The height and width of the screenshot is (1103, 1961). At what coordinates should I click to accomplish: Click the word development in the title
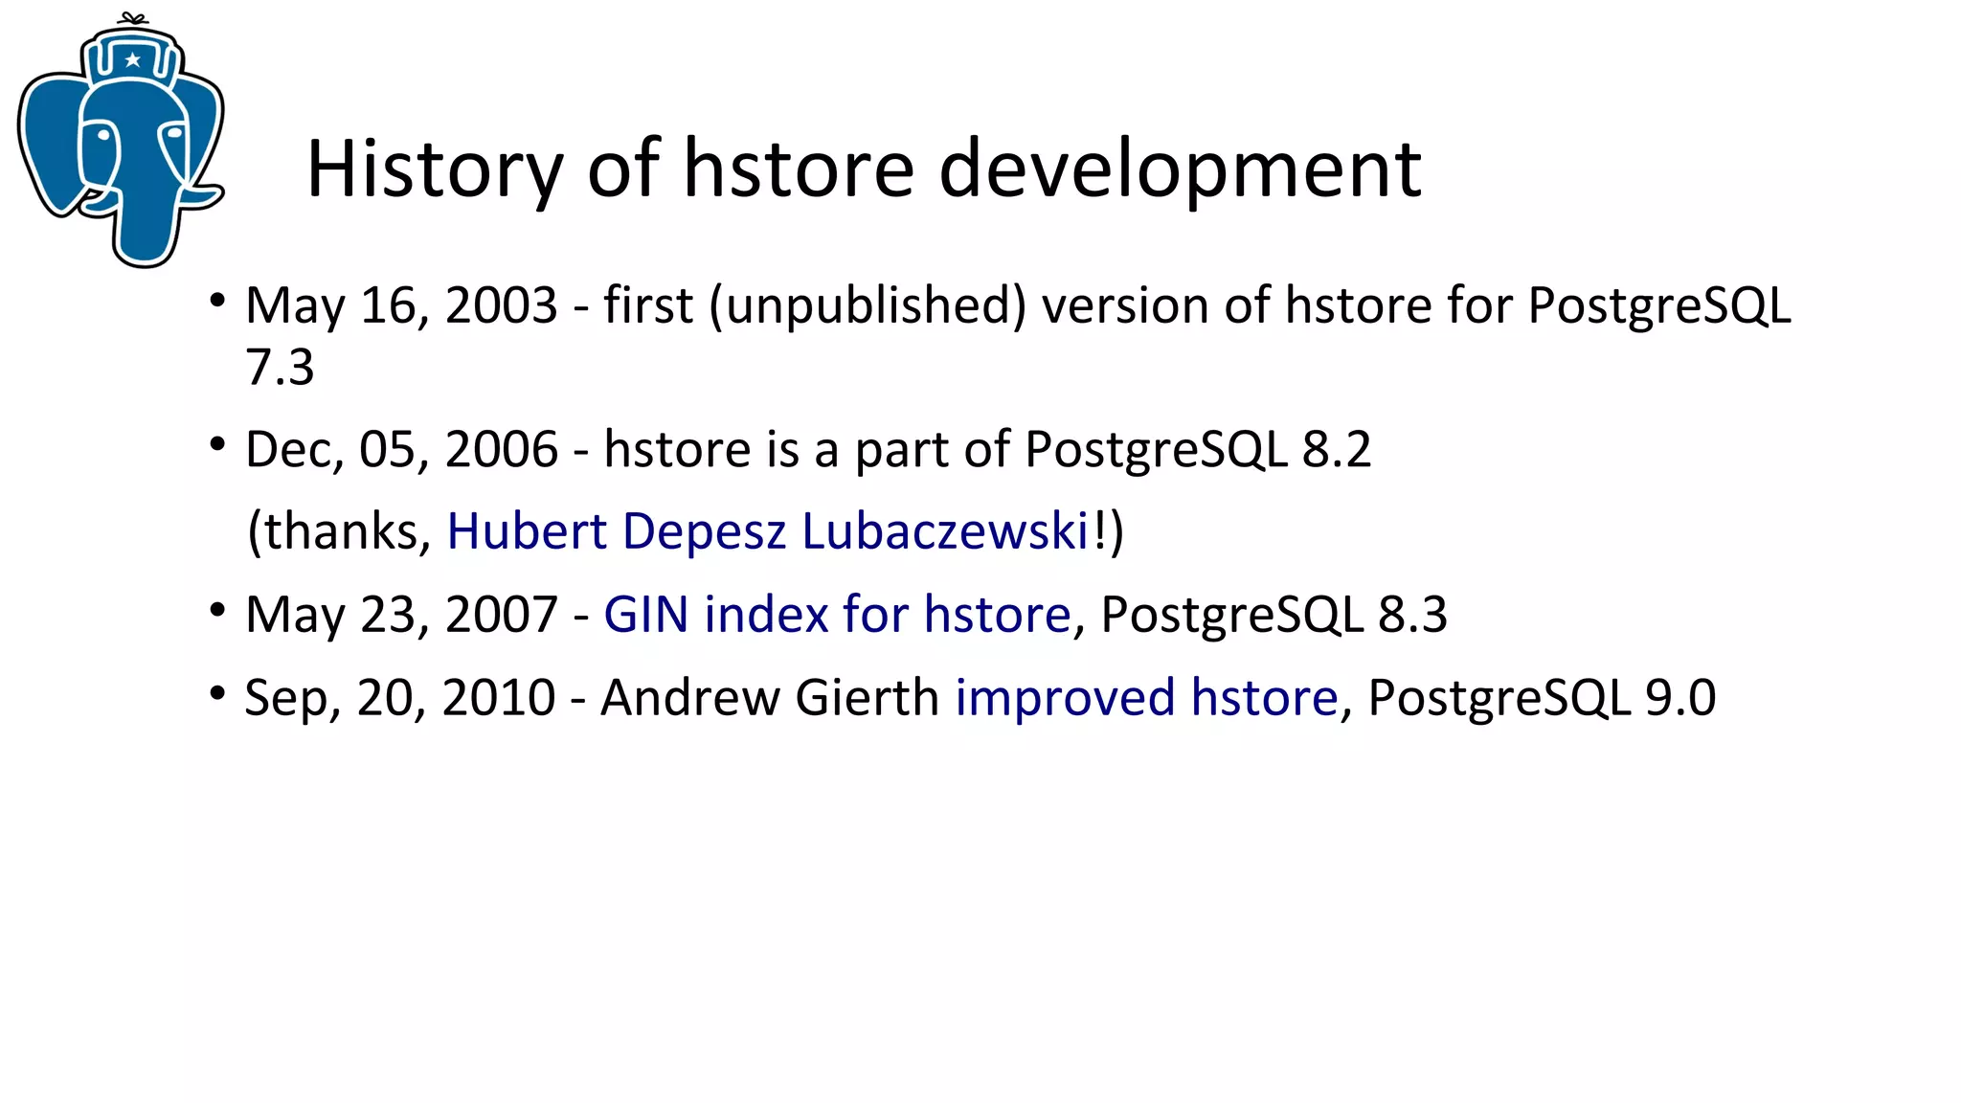click(1180, 169)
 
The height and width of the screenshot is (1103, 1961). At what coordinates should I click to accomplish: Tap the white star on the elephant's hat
click(133, 60)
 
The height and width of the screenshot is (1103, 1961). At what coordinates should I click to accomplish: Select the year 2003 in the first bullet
click(501, 306)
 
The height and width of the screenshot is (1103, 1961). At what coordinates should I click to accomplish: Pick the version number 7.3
click(280, 368)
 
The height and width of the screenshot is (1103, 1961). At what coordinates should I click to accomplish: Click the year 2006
click(501, 449)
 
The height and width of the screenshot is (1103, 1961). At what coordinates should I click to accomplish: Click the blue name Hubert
click(527, 531)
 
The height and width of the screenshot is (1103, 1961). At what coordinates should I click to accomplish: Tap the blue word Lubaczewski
click(945, 531)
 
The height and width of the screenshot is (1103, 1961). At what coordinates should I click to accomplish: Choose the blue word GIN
click(645, 615)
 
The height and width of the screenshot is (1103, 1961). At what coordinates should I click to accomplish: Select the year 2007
click(501, 615)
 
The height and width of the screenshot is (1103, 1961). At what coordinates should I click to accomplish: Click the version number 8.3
click(1412, 615)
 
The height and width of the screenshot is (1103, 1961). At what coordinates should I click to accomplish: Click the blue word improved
click(1065, 697)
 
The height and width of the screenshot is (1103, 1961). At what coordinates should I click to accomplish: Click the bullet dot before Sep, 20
click(218, 692)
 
